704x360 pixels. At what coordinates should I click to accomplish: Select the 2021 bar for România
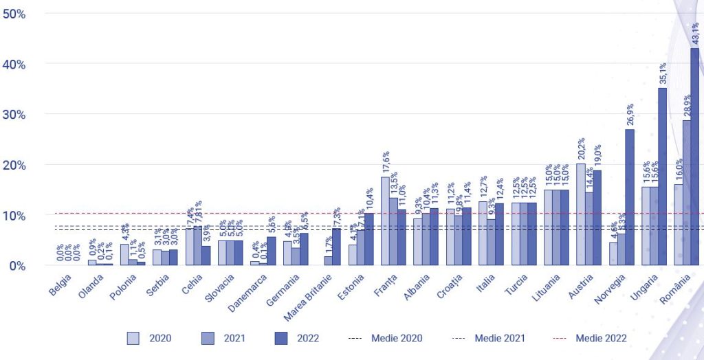(686, 193)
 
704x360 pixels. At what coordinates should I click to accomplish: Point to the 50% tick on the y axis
(14, 14)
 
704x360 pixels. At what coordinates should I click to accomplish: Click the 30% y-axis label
(14, 115)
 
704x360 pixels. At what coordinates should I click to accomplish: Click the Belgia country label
(60, 285)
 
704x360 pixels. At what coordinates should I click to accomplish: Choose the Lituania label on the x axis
(544, 289)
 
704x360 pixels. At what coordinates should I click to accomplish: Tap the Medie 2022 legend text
(601, 338)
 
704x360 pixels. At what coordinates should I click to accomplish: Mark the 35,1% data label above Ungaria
(663, 74)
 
